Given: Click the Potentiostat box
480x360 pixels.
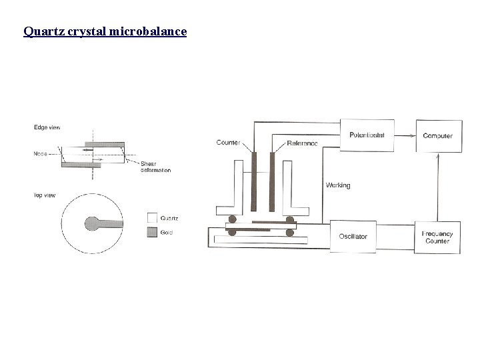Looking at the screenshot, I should click(367, 135).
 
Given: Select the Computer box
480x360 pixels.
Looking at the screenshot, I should click(437, 135).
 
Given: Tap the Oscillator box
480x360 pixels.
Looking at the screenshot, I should click(353, 236).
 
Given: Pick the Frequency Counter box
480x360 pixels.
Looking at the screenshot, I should click(437, 237).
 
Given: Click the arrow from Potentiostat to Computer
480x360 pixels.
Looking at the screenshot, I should click(405, 135).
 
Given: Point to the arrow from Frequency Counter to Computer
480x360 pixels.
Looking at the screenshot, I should click(437, 186).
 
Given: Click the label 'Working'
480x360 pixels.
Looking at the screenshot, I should click(338, 185).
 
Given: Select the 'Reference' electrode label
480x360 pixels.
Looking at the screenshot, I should click(301, 143).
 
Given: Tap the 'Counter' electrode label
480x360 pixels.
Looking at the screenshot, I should click(229, 143).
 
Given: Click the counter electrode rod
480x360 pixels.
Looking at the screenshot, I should click(254, 180).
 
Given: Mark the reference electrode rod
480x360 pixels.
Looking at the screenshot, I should click(271, 180).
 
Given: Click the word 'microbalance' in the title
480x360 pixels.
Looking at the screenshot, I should click(149, 31).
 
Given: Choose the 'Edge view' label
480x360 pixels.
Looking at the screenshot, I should click(45, 128).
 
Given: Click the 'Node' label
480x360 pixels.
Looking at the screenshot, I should click(41, 154).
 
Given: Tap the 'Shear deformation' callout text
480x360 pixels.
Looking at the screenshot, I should click(155, 167).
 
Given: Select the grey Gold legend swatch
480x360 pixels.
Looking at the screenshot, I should click(151, 231).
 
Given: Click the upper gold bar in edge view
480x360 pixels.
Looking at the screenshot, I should click(104, 144).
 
